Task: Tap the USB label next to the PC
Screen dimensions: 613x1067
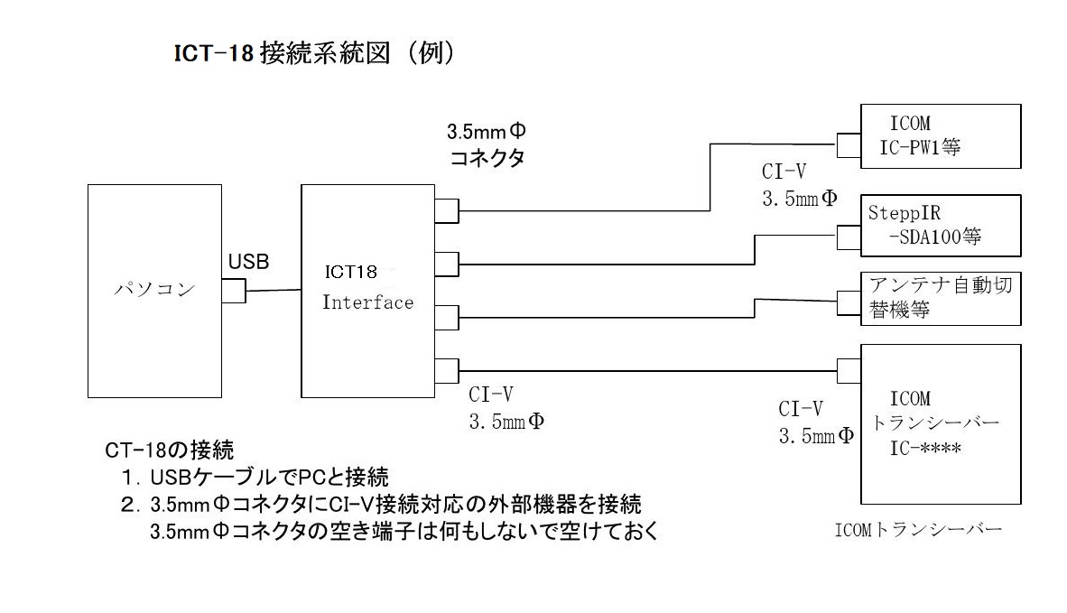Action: (x=248, y=262)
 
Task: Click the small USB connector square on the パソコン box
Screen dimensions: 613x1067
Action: (x=233, y=291)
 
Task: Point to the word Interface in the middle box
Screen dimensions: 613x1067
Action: (x=367, y=302)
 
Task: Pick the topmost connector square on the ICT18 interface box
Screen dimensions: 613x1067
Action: (x=447, y=210)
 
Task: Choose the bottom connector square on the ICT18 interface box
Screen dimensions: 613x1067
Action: (x=447, y=370)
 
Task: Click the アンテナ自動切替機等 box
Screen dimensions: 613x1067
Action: (x=940, y=297)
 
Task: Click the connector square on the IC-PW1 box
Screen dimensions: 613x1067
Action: (x=849, y=145)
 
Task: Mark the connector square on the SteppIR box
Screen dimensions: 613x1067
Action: (x=849, y=237)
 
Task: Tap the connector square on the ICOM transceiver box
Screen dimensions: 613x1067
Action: (x=849, y=370)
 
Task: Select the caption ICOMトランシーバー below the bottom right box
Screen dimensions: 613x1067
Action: (x=918, y=531)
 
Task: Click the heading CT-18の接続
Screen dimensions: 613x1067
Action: (x=170, y=449)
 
